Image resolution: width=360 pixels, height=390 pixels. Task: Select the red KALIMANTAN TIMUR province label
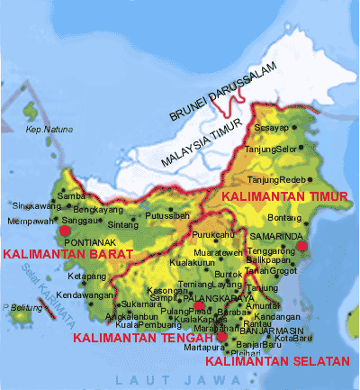(x=274, y=195)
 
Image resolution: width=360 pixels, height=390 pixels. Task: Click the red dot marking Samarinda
(x=303, y=245)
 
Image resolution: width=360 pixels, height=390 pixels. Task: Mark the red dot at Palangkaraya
(x=200, y=305)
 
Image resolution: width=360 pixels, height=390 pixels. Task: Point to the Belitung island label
(x=26, y=307)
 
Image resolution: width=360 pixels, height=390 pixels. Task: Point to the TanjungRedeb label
(x=286, y=179)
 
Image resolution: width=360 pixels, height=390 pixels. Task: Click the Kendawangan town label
(x=83, y=295)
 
